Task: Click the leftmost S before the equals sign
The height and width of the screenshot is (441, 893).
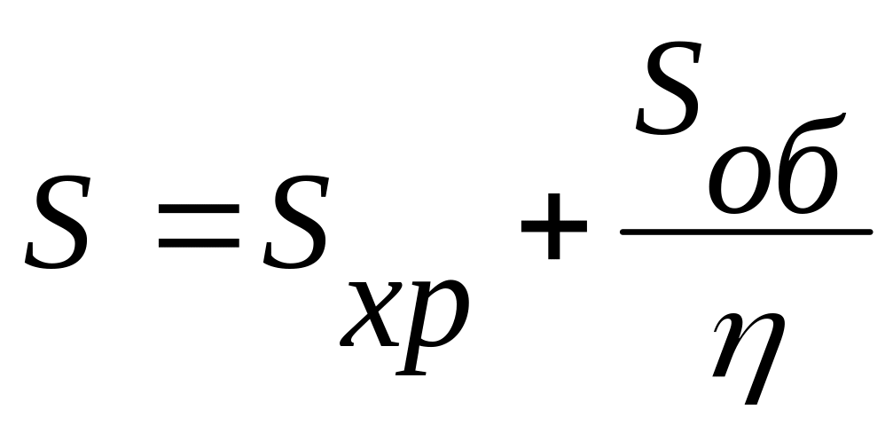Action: pos(58,224)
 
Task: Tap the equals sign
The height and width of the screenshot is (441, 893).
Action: pos(197,225)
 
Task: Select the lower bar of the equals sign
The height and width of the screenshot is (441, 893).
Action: pos(197,240)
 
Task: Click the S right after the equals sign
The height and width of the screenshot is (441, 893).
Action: pos(294,224)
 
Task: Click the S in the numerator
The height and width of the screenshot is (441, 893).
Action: pos(671,91)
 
